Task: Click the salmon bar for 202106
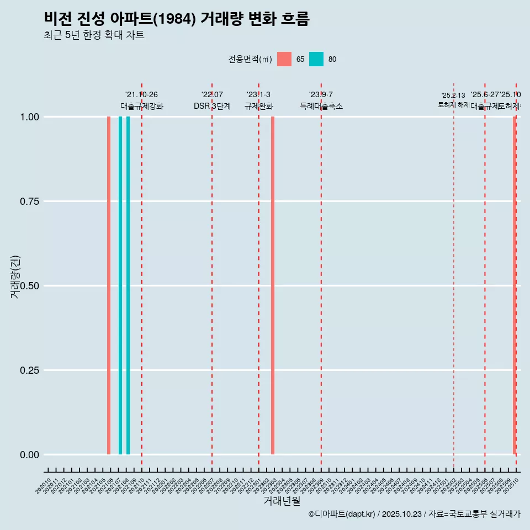tap(109, 285)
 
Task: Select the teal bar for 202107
tap(120, 285)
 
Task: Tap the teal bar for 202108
tap(128, 285)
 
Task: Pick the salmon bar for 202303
tap(273, 285)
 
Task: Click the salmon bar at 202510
tap(515, 285)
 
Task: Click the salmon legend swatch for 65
tap(284, 59)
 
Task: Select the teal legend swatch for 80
tap(316, 59)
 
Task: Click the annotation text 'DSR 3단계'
tap(212, 106)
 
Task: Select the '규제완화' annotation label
tap(259, 106)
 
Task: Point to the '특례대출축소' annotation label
tap(321, 106)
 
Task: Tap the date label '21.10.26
tap(141, 95)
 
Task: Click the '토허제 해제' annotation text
tap(453, 104)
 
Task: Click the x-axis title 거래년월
tap(282, 501)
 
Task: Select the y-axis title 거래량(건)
tap(15, 276)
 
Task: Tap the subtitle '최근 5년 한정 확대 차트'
tap(94, 35)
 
